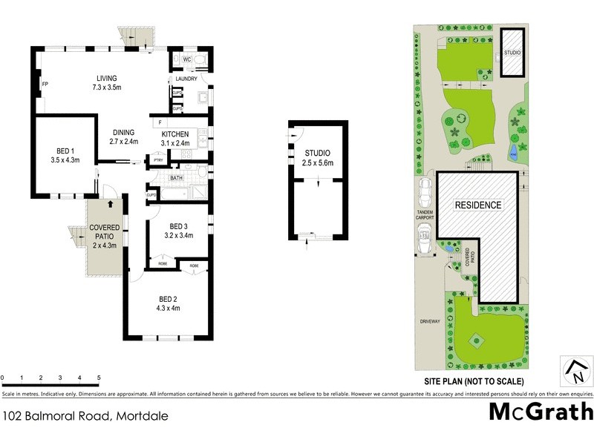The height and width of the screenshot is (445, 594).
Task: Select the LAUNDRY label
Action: [x=185, y=79]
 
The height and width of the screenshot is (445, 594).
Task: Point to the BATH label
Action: [x=176, y=178]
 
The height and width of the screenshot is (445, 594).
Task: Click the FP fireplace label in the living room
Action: [x=45, y=85]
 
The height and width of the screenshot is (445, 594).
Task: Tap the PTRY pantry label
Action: [x=157, y=159]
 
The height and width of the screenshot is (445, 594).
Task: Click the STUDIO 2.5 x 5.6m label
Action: [x=316, y=157]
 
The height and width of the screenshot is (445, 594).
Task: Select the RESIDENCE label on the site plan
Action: [x=477, y=205]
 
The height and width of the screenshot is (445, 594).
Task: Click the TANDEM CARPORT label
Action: [x=425, y=215]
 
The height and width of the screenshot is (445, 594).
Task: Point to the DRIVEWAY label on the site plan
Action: [x=429, y=321]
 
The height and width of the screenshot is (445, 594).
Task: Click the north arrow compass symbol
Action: [x=574, y=369]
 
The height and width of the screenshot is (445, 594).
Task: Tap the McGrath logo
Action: [x=541, y=412]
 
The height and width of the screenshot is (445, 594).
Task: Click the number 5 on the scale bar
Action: [x=99, y=378]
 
